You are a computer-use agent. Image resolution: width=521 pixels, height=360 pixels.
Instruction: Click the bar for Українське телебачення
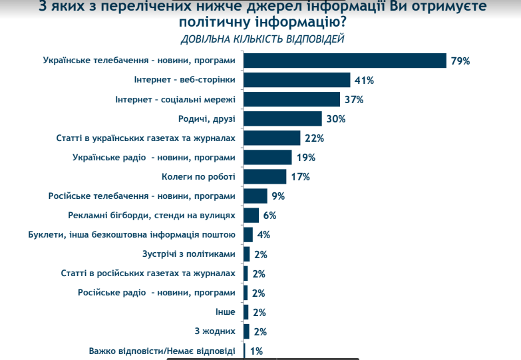tap(345, 61)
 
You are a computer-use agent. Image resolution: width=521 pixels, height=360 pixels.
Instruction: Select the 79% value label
tap(460, 61)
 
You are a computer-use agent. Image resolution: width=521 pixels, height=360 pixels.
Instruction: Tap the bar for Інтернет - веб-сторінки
tap(297, 80)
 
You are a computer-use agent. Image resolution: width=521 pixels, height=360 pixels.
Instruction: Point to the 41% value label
tap(364, 81)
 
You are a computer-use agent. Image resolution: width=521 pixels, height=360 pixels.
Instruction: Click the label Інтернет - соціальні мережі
tap(175, 100)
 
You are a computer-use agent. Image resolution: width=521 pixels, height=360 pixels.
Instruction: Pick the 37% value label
tap(353, 100)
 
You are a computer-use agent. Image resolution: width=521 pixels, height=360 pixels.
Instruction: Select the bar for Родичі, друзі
tap(283, 119)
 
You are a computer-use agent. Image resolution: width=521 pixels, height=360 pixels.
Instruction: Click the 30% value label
tap(335, 119)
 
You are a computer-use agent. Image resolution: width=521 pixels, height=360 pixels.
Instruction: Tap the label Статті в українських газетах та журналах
tap(146, 138)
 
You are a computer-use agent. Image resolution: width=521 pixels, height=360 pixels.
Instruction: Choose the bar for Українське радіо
tap(268, 158)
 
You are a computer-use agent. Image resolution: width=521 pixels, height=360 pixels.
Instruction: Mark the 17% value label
tap(301, 177)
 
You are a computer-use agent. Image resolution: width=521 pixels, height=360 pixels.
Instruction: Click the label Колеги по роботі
tap(198, 177)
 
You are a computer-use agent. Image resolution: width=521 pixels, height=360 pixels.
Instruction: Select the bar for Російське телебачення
tap(256, 196)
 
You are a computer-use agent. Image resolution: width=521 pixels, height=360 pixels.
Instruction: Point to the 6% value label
tap(269, 216)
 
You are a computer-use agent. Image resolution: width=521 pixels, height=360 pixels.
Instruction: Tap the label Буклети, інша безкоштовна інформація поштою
tap(132, 235)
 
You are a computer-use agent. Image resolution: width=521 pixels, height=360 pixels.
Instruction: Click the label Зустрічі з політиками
tap(189, 254)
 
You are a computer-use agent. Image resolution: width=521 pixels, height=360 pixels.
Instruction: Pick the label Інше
tap(224, 312)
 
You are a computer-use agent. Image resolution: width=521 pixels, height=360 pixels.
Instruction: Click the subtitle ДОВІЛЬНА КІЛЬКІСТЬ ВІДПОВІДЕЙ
tap(262, 39)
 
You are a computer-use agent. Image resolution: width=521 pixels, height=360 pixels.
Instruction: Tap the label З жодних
tap(215, 331)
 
